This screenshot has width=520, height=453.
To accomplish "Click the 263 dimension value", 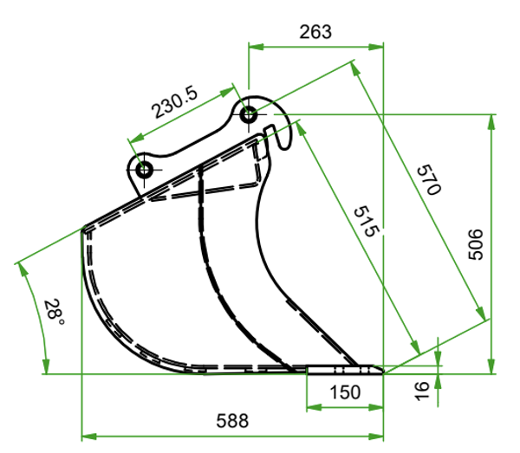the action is (x=315, y=32).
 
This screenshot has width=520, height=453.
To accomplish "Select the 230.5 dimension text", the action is (x=174, y=102).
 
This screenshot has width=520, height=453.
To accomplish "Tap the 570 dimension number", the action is (x=429, y=179).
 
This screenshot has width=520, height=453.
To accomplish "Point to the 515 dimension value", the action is (x=366, y=222).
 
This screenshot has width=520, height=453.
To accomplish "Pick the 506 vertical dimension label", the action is (x=476, y=244).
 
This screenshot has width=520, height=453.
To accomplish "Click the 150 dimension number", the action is (x=345, y=392).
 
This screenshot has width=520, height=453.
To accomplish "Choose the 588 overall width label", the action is (x=232, y=421).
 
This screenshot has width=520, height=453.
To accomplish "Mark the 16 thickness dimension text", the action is (x=422, y=391).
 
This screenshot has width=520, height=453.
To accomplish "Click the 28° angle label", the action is (x=54, y=312).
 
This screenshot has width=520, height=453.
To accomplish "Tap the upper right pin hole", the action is (x=248, y=114).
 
